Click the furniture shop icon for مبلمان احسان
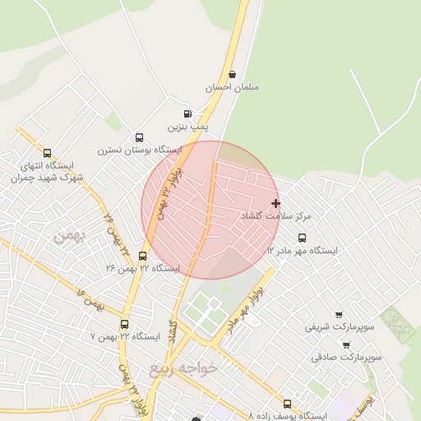[232, 75]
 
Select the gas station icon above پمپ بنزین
[187, 114]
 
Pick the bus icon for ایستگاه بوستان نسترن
[139, 137]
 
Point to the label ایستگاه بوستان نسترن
[140, 150]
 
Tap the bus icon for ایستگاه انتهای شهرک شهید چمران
[47, 153]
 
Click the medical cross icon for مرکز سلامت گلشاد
[275, 203]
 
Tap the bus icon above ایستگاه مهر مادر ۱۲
[302, 238]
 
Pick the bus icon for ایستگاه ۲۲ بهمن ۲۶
[143, 256]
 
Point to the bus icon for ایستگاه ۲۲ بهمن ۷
[124, 324]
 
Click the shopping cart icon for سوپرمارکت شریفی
[338, 314]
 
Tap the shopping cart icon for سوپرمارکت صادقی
[346, 345]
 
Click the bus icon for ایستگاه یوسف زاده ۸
[286, 404]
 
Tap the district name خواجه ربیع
[183, 368]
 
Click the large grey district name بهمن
[68, 237]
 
